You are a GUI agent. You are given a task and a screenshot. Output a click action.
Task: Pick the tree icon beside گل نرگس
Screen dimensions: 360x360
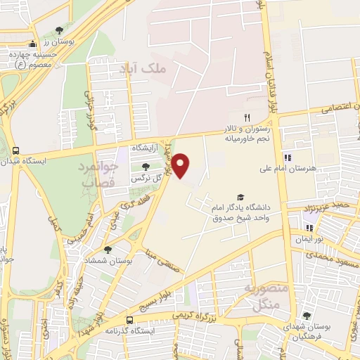[146, 167]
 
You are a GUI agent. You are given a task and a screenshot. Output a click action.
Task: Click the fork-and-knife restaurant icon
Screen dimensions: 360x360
[246, 117]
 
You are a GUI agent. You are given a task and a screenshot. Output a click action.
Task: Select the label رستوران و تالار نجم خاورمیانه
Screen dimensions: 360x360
[246, 134]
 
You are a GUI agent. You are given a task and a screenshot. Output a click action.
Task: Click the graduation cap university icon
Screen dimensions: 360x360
[240, 197]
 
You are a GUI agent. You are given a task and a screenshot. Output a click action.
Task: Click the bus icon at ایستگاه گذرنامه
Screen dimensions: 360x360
[128, 319]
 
